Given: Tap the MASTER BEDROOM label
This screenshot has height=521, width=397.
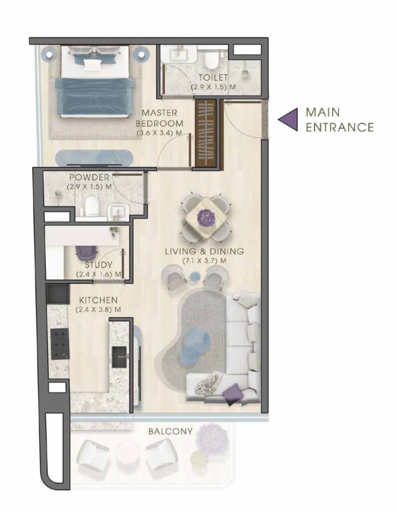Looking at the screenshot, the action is point(159,118).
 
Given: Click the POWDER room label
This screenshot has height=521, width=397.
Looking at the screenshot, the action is point(89,177).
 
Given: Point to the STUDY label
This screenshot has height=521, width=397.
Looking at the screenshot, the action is point(99,265).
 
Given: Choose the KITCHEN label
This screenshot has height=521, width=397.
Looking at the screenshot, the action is point(99,300).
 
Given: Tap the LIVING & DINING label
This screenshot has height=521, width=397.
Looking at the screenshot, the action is point(204,251).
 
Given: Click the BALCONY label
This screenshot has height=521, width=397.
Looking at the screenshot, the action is point(171,431).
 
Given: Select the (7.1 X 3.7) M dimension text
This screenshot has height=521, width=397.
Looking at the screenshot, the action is point(204,261).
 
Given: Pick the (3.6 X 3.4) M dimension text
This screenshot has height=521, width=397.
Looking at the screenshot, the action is point(159,133).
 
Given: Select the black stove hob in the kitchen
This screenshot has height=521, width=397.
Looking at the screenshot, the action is point(60,344).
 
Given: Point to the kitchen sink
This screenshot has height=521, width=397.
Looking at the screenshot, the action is point(119,357).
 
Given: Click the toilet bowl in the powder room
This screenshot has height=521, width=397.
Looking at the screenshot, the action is point(91,207).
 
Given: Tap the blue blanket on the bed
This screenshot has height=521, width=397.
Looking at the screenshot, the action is point(94,97).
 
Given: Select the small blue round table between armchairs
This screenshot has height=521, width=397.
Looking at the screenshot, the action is point(194,276).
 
